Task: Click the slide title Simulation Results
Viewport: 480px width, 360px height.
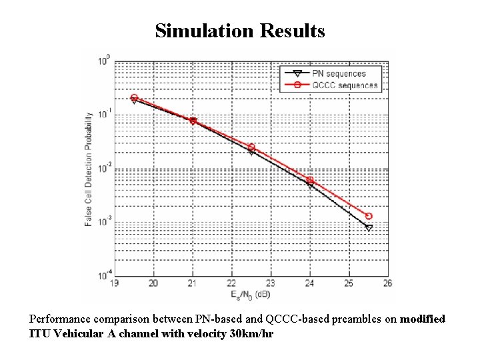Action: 240,31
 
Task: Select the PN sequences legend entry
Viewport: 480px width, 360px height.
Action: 339,73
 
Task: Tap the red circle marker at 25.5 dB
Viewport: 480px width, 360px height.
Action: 369,216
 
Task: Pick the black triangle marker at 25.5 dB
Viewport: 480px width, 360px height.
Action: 369,228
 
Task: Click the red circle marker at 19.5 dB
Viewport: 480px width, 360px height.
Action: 134,97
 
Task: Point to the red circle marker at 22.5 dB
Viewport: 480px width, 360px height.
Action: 251,147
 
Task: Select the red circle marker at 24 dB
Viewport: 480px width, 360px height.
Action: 310,180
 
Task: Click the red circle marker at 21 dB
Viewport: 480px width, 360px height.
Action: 193,121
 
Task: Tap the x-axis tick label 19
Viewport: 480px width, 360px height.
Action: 115,283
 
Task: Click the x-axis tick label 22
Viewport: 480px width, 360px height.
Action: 231,283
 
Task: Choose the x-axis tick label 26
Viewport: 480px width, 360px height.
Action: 388,283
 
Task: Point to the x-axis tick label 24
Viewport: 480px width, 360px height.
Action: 310,283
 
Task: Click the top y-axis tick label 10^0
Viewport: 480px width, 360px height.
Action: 104,61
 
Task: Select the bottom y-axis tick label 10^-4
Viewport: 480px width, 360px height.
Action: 104,275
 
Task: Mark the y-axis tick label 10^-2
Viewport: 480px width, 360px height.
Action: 104,168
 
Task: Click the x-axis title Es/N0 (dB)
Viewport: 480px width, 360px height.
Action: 251,294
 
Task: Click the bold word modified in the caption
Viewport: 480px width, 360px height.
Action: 422,319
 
